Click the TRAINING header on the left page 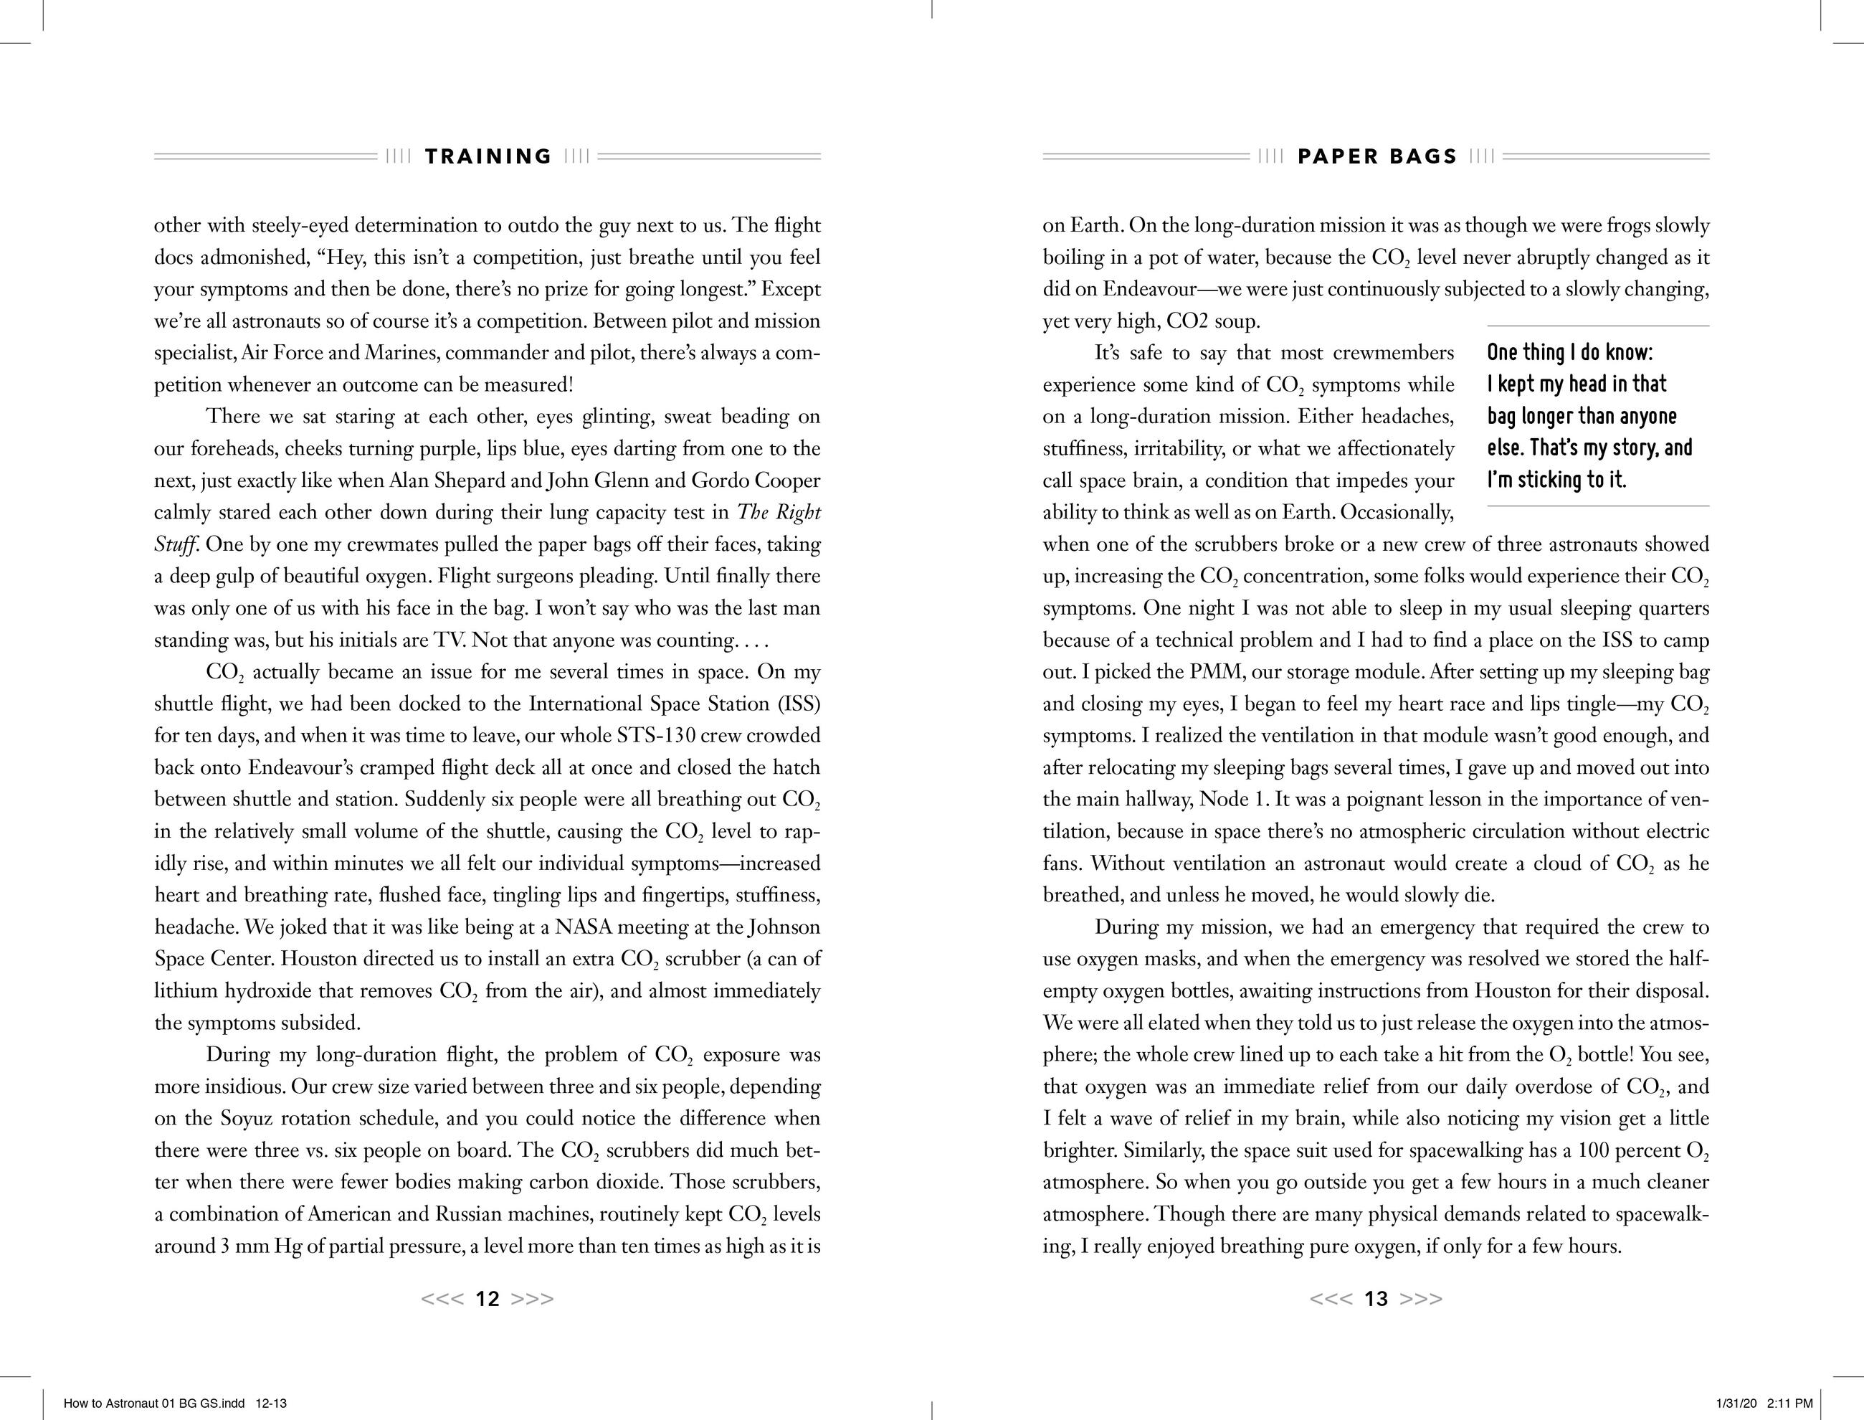[488, 156]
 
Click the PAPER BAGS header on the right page [1377, 156]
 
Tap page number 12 [488, 1299]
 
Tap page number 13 [1376, 1299]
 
